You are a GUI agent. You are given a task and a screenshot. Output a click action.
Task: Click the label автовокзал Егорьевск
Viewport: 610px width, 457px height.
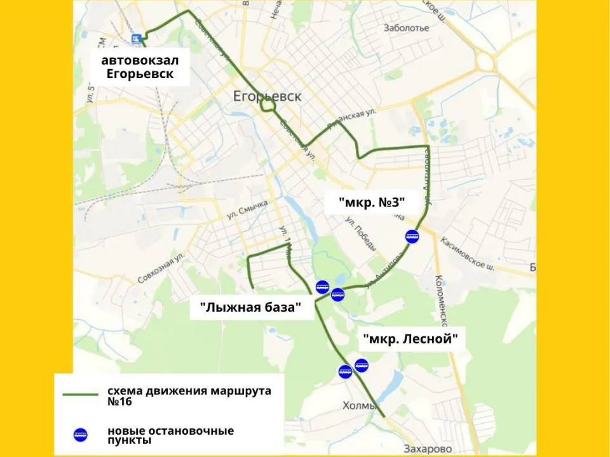pos(140,67)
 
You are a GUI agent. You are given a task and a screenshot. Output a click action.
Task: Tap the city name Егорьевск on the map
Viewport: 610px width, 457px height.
pos(267,97)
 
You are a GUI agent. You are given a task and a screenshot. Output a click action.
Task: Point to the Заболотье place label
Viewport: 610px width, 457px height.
pos(407,28)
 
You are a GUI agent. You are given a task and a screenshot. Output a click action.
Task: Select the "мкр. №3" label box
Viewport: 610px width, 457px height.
pos(372,203)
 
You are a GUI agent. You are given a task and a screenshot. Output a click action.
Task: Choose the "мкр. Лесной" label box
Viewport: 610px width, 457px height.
pos(410,339)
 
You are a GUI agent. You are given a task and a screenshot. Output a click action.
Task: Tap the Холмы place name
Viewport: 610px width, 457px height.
pos(360,406)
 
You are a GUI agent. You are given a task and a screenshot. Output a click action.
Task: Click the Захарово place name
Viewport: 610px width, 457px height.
pos(428,449)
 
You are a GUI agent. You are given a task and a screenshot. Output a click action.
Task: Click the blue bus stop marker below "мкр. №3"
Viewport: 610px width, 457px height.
pos(412,237)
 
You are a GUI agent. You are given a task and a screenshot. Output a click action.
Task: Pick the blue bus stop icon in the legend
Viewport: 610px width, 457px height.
pos(80,435)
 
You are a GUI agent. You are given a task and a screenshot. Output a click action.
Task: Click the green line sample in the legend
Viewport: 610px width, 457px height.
pos(80,395)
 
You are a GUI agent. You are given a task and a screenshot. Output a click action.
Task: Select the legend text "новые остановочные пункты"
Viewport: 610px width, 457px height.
pos(170,435)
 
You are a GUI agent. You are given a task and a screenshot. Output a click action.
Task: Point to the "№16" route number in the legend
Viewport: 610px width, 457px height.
pos(120,402)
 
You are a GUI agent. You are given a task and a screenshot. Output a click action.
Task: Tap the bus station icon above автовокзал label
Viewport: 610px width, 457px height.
pos(135,39)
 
